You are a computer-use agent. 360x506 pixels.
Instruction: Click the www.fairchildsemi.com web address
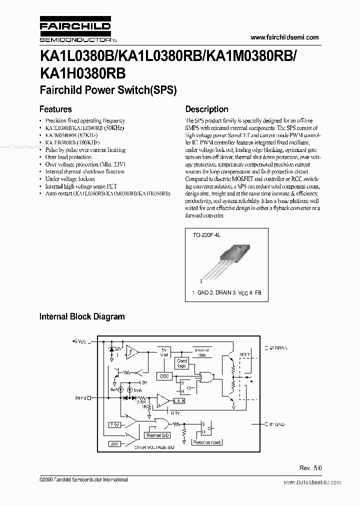pos(283,37)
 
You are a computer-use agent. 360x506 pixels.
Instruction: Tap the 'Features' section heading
pos(55,109)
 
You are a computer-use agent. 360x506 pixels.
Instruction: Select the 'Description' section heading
pos(206,109)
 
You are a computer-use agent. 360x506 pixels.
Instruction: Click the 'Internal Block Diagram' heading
pos(82,316)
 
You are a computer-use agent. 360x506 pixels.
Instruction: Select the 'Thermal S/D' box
pos(157,435)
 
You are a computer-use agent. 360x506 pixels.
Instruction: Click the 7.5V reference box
pos(114,424)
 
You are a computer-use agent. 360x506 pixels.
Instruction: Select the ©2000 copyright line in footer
pos(83,479)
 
